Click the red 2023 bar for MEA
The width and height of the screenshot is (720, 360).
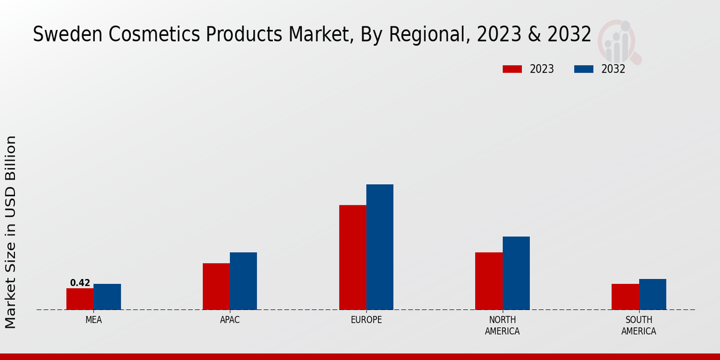80,299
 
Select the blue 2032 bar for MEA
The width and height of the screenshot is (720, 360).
107,297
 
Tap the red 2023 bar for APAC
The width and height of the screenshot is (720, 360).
216,286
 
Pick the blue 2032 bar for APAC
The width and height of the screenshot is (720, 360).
243,281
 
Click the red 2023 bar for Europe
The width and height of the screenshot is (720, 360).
352,257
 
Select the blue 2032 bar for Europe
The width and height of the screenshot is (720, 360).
380,247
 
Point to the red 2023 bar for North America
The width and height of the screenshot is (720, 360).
488,281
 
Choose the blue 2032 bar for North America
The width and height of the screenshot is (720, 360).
516,273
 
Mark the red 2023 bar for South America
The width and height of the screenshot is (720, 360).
625,297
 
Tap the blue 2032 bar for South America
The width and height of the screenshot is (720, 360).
652,295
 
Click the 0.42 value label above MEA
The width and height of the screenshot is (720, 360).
80,283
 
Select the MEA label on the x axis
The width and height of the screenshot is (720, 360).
94,320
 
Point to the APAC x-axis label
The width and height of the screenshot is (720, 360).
230,320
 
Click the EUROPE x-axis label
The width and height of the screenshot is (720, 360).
366,320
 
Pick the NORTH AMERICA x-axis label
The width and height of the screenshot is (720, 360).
502,326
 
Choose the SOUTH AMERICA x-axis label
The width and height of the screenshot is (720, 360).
638,326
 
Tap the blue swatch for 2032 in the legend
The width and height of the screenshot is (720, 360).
584,69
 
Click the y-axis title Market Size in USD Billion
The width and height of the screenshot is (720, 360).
11,232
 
